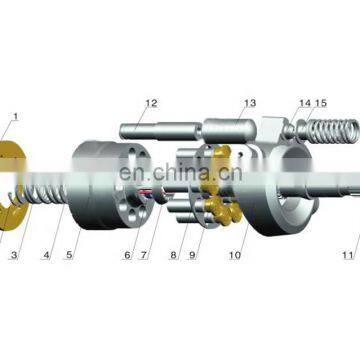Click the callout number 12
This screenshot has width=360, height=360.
pos(151,103)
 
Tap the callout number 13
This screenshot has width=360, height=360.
pos(250,103)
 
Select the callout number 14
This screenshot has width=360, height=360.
pos(305,103)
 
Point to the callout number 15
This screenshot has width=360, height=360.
pos(321,103)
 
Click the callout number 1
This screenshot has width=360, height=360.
pos(15,117)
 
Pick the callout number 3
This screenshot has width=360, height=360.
pos(14,255)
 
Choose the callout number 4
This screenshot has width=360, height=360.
pos(46,255)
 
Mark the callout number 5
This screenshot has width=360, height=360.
pos(69,255)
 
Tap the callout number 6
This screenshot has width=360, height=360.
pos(128,255)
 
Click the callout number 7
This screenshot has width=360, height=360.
pos(144,255)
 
